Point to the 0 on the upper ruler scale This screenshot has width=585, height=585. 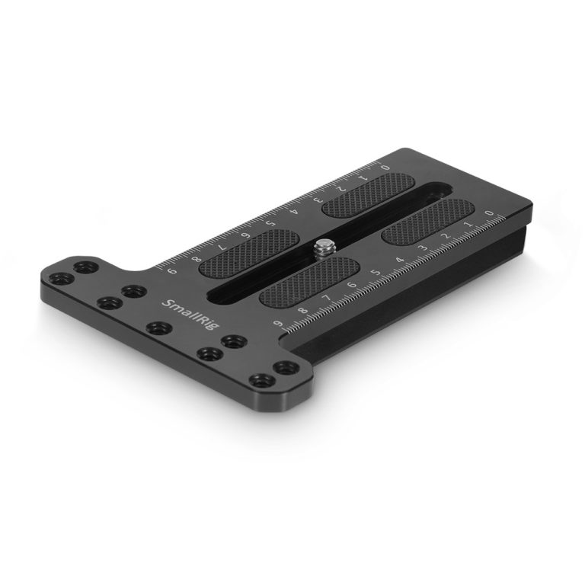tap(385, 166)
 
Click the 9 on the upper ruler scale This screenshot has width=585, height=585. tap(171, 271)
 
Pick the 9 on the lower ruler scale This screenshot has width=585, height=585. tap(280, 325)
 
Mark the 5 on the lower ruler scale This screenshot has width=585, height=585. tap(375, 272)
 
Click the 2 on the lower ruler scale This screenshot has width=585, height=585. tap(446, 235)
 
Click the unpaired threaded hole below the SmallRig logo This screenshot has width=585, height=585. tap(157, 329)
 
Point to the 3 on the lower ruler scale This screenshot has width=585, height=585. tap(424, 248)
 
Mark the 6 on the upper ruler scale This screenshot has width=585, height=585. tap(246, 235)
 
